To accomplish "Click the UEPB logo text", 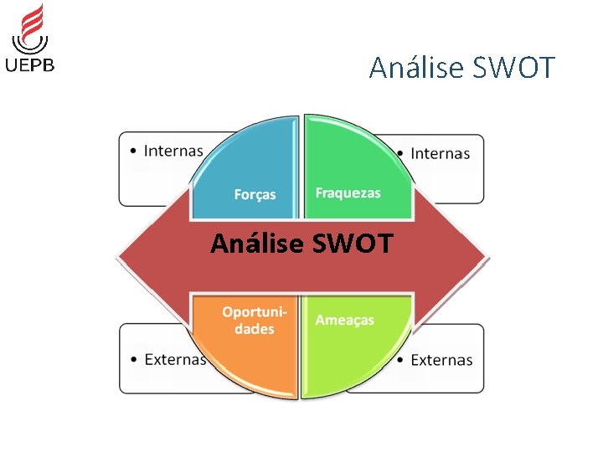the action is pyautogui.click(x=30, y=65).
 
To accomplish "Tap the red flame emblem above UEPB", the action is pyautogui.click(x=32, y=27).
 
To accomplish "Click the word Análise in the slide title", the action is pyautogui.click(x=412, y=67).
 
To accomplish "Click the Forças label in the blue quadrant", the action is pyautogui.click(x=255, y=194).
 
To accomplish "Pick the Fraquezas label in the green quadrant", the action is pyautogui.click(x=348, y=193).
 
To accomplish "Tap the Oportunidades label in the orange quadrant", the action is pyautogui.click(x=255, y=321).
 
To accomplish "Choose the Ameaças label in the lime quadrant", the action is pyautogui.click(x=344, y=320).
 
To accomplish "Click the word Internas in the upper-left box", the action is pyautogui.click(x=173, y=152).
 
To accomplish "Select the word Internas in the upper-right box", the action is pyautogui.click(x=440, y=153).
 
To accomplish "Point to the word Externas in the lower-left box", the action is pyautogui.click(x=175, y=359).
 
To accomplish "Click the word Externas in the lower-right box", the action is pyautogui.click(x=441, y=360).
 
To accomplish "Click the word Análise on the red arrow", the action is pyautogui.click(x=256, y=244).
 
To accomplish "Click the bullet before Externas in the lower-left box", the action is pyautogui.click(x=135, y=360).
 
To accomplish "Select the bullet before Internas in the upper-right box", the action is pyautogui.click(x=401, y=154).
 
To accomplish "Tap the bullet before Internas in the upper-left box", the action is pyautogui.click(x=134, y=152).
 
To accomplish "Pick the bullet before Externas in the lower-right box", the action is pyautogui.click(x=401, y=361).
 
